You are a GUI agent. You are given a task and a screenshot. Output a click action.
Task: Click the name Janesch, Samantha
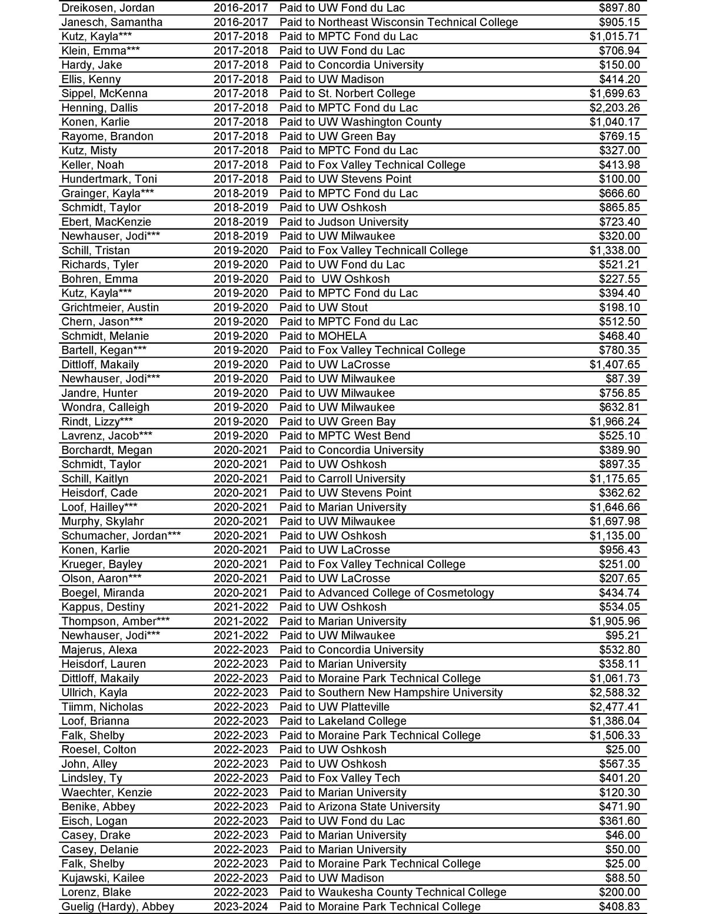coord(112,22)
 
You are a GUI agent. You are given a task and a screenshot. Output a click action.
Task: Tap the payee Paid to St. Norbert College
coord(347,94)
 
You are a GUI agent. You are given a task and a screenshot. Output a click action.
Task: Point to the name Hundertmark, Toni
coord(109,179)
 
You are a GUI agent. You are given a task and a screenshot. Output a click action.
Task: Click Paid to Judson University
coord(344,222)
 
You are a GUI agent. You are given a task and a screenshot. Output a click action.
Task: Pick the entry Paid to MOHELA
coord(322,336)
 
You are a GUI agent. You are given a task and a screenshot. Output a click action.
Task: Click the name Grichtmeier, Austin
coord(110,307)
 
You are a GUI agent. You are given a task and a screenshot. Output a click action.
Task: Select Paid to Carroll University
coord(342,479)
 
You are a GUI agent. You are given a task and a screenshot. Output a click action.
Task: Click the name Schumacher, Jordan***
coord(121,536)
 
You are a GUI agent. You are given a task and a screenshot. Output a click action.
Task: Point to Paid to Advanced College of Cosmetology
coord(387,593)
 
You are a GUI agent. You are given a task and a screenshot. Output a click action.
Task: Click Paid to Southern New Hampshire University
coord(391,693)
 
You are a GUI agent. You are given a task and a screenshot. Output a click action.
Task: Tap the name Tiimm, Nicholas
coord(102,707)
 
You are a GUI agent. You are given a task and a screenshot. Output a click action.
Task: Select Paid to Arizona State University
coord(359,807)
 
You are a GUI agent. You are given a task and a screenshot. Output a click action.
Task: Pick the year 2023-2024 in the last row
coord(241,906)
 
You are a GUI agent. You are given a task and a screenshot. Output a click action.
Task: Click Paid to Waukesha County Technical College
coord(392,892)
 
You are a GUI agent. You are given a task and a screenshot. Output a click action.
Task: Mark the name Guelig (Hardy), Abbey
coord(118,906)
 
